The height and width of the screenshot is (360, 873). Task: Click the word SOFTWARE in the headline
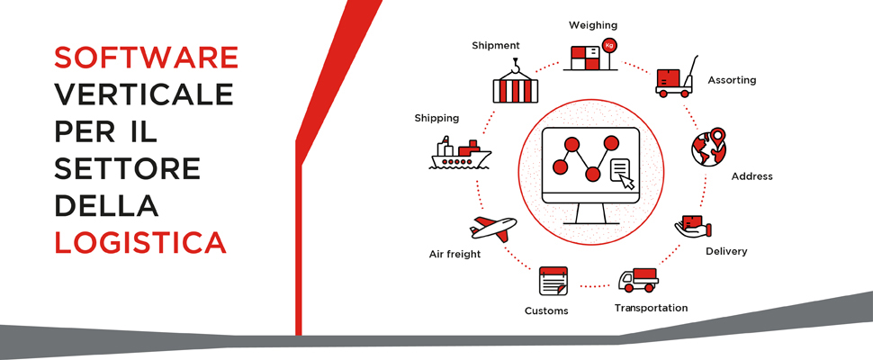pos(146,58)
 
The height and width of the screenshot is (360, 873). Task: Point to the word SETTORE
pos(127,168)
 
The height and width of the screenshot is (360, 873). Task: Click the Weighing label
pos(593,25)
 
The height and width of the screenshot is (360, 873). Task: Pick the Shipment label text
pos(495,45)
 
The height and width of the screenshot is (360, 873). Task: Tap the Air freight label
pos(454,255)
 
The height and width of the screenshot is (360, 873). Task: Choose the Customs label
pos(546,311)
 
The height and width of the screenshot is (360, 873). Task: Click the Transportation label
pos(651,308)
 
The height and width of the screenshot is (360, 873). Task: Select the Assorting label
pos(732,80)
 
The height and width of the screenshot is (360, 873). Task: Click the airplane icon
pos(492,228)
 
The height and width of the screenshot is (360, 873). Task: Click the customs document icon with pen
pos(553,282)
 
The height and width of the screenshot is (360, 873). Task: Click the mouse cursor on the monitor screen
pos(626,182)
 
